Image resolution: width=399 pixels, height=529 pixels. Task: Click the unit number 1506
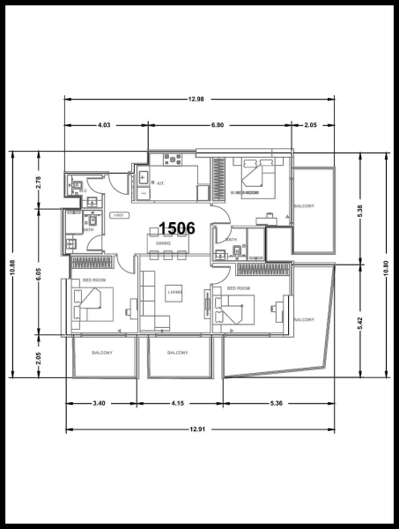(177, 228)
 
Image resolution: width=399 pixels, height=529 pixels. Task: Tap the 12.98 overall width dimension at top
(196, 99)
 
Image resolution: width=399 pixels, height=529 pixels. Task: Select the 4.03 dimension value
(104, 126)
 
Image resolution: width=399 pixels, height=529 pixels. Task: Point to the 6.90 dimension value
(217, 126)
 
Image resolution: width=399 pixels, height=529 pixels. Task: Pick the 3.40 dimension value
(100, 403)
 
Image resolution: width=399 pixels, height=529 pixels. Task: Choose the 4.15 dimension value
(177, 403)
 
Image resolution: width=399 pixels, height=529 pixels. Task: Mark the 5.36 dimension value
(277, 403)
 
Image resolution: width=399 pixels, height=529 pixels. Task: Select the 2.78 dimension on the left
(38, 182)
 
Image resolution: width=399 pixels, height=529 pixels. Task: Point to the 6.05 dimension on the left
(38, 274)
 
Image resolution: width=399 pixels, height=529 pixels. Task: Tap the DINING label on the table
(163, 242)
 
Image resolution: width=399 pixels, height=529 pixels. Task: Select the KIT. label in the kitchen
(161, 183)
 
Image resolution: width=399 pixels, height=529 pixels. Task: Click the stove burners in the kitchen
(172, 160)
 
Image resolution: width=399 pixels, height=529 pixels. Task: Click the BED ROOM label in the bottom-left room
(95, 279)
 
